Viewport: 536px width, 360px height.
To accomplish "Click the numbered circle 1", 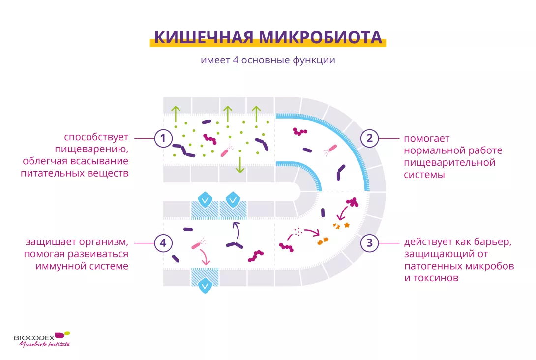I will [x=163, y=139].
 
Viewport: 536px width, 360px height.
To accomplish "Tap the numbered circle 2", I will [x=370, y=139].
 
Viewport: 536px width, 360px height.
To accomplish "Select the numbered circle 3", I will [x=370, y=242].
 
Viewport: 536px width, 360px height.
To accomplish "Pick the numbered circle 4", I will [x=163, y=242].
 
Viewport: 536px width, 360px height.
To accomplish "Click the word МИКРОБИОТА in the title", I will [x=320, y=37].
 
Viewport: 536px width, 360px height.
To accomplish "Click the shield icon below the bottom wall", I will [x=205, y=286].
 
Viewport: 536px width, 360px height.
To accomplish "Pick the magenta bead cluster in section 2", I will [x=300, y=131].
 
